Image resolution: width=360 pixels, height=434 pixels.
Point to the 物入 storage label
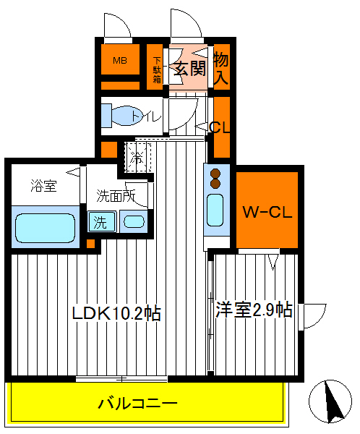pos(222,67)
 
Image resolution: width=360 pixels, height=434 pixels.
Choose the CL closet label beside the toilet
pos(220,128)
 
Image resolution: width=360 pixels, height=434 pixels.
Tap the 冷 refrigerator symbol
pos(137,154)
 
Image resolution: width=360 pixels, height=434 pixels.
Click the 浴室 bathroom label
pos(44,184)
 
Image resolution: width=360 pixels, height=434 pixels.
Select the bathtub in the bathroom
pos(45,226)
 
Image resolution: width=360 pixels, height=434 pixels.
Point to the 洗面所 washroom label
pos(116,195)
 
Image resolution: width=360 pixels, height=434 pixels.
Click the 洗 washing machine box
pos(100,221)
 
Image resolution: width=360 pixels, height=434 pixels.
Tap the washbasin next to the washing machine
pos(132,221)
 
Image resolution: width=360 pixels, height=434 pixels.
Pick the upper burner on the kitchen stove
pos(215,173)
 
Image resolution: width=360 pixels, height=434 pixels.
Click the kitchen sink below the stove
pos(215,210)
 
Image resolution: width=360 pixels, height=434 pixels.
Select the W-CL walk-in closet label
pos(267,212)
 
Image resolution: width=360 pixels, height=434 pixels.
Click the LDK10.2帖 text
pos(116,313)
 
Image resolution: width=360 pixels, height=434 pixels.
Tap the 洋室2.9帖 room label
pos(254,310)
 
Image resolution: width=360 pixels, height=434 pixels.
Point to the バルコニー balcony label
pos(137,402)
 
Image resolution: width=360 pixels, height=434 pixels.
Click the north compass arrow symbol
pos(332,401)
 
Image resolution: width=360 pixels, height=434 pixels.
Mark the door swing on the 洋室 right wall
pos(313,315)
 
